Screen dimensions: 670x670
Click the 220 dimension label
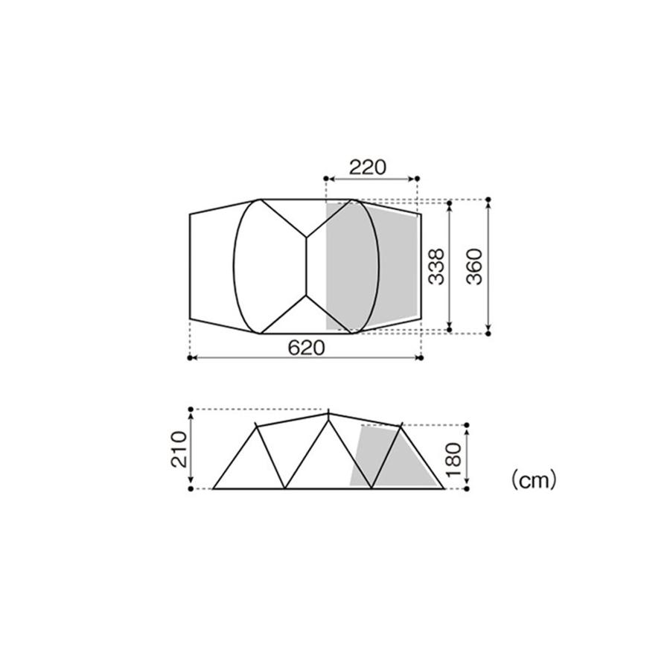368,167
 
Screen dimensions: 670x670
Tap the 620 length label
306,348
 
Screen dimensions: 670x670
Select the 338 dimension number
437,267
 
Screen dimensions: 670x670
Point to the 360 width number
475,267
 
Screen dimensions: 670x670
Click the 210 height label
179,449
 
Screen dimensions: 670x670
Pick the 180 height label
453,460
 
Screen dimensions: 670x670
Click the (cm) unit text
534,480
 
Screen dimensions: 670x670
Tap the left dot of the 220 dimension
326,178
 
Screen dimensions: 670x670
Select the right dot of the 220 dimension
418,178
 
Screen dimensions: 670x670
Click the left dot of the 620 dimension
190,357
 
